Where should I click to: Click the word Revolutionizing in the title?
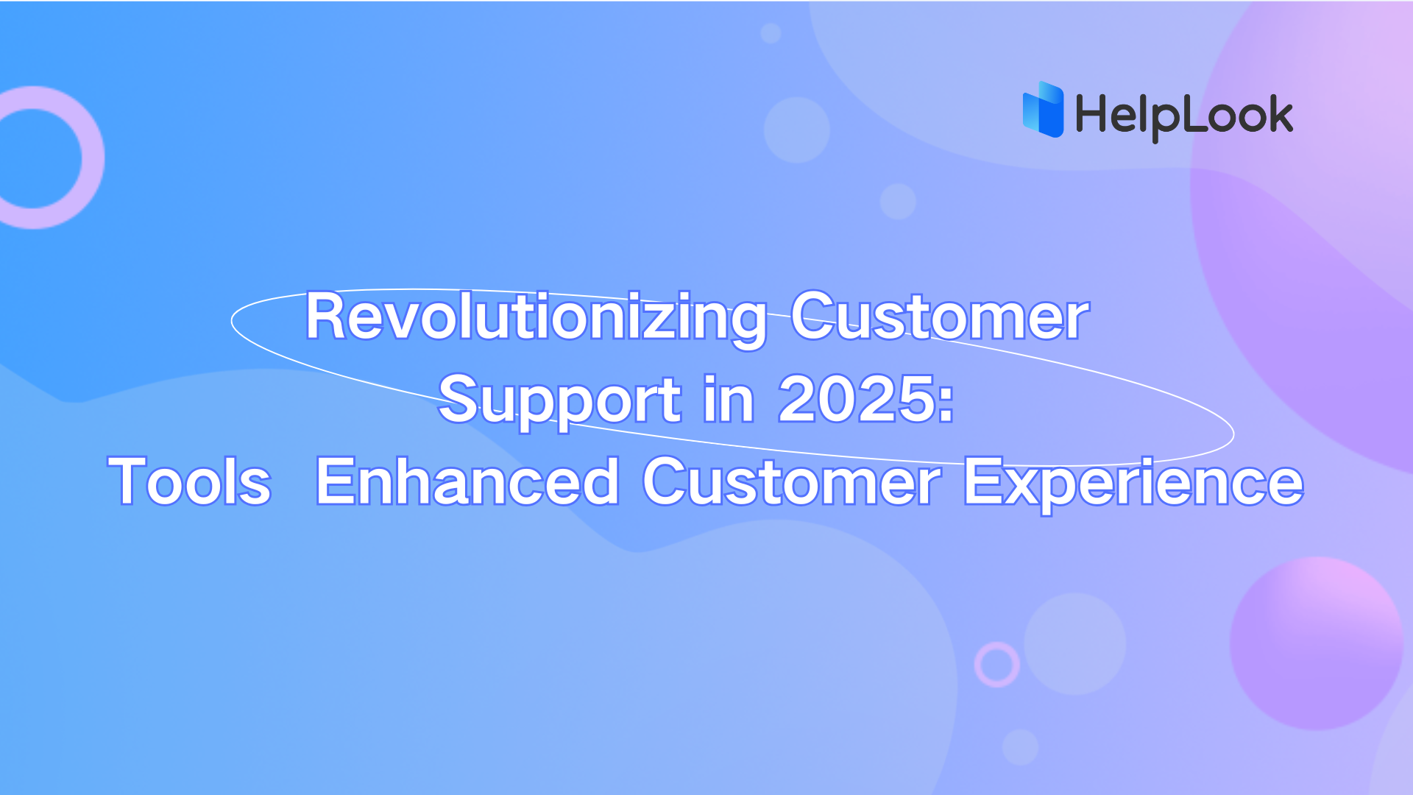coord(536,317)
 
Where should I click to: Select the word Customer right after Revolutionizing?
coord(940,317)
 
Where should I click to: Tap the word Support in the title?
coord(560,400)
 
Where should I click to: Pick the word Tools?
coord(190,482)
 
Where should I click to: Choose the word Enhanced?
coord(467,482)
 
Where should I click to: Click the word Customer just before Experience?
coord(792,482)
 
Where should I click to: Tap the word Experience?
coord(1133,482)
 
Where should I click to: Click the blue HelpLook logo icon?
coord(1044,110)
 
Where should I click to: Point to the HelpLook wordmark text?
coord(1183,116)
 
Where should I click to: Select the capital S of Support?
coord(457,400)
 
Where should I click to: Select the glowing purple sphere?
coord(1317,643)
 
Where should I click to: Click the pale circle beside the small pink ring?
coord(1075,643)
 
